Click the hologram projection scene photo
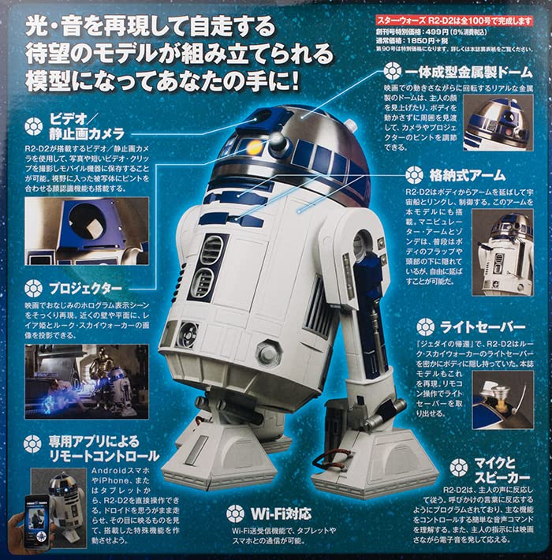75,380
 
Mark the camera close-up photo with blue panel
75,230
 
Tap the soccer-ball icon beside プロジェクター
33,289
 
